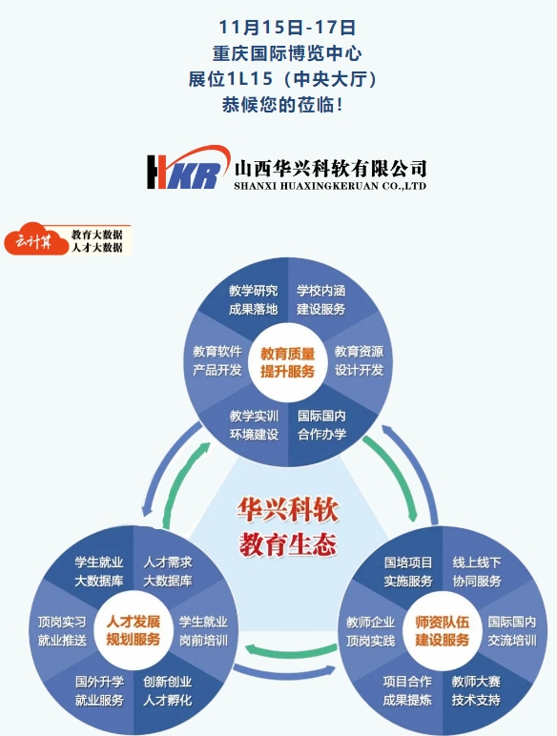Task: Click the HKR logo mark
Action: point(188,168)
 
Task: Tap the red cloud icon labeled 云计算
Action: point(36,239)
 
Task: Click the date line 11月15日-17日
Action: point(287,28)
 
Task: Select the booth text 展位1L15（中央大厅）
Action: point(282,79)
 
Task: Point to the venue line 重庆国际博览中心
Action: point(287,53)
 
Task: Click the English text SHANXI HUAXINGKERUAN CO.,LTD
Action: point(330,186)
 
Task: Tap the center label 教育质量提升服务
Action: point(287,362)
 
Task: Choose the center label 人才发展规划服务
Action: point(134,630)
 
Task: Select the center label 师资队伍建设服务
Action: point(442,631)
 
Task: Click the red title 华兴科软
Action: point(287,510)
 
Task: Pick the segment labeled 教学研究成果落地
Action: point(253,299)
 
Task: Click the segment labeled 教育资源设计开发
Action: point(359,360)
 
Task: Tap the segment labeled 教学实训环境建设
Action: point(254,425)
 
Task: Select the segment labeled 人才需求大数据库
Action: point(168,571)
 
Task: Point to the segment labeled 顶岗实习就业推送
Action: point(62,631)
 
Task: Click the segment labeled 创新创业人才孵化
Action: point(168,691)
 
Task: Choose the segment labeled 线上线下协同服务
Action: point(477,571)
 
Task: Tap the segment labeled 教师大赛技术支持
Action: point(476,691)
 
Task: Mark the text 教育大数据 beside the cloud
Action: point(96,234)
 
